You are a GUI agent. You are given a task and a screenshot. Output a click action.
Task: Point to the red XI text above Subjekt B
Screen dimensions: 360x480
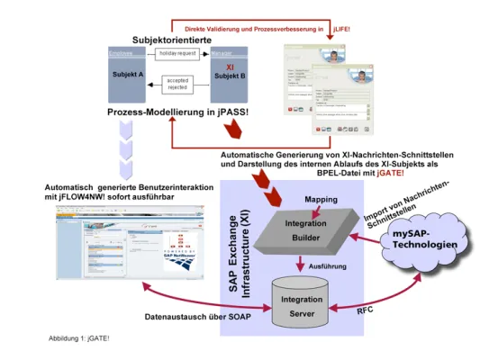(x=228, y=66)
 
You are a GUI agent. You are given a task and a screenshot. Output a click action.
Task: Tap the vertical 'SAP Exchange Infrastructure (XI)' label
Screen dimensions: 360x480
(x=243, y=257)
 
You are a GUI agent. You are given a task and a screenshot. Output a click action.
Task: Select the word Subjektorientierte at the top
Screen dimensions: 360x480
(x=178, y=40)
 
